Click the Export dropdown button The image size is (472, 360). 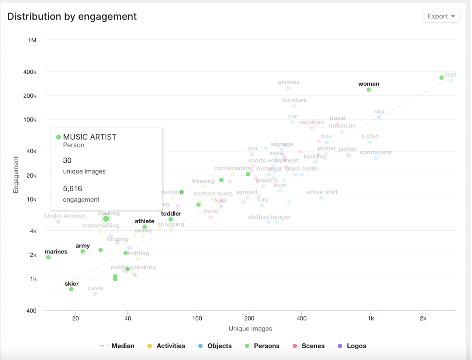tap(441, 16)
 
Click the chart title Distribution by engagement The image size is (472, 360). tap(72, 17)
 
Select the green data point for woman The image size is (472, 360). tap(368, 90)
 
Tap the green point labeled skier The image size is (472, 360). tap(71, 289)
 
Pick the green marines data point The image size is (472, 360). tap(48, 258)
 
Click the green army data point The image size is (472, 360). tap(83, 252)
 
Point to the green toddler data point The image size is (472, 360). tap(171, 220)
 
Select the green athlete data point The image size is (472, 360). tap(145, 227)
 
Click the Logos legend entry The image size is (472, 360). tap(352, 346)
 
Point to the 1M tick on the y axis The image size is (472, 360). tap(32, 40)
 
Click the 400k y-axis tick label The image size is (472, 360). tap(30, 72)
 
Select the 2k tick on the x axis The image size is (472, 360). tap(423, 318)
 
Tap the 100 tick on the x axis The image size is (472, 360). tap(197, 318)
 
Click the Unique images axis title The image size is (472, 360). tap(250, 328)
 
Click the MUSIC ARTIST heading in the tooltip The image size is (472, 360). tap(90, 137)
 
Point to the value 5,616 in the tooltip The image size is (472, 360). tap(73, 189)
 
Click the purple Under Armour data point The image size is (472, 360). tap(58, 222)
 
